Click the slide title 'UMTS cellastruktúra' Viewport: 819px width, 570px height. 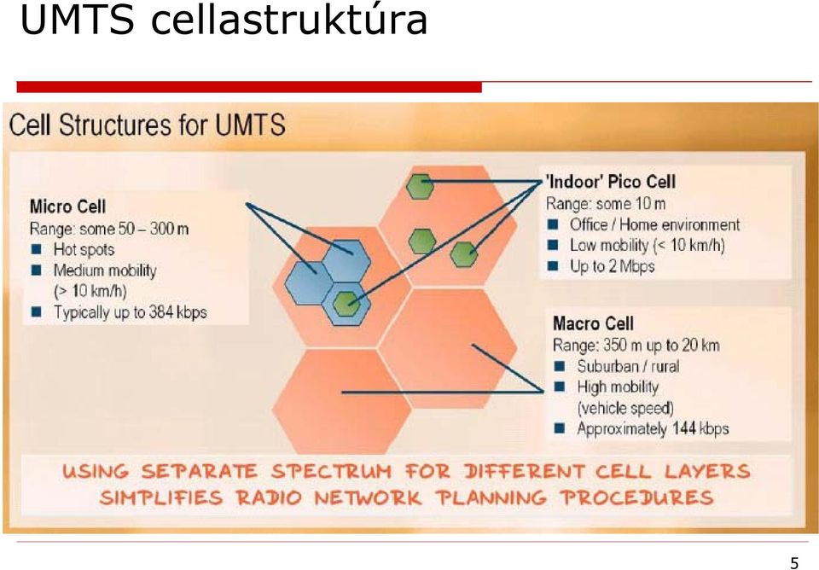pyautogui.click(x=224, y=20)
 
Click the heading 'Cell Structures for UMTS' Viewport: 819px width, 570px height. pyautogui.click(x=148, y=125)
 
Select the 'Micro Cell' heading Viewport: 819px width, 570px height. pyautogui.click(x=68, y=206)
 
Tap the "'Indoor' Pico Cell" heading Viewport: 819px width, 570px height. pyautogui.click(x=611, y=182)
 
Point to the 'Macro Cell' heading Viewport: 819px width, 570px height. pyautogui.click(x=594, y=323)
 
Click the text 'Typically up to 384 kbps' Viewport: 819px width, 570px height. pyautogui.click(x=131, y=312)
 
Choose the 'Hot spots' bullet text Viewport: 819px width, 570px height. pyautogui.click(x=84, y=250)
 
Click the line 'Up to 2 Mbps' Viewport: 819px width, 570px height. pyautogui.click(x=613, y=266)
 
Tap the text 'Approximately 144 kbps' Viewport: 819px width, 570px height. pyautogui.click(x=653, y=429)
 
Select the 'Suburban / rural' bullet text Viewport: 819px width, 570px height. pyautogui.click(x=629, y=366)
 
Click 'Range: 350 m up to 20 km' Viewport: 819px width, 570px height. pyautogui.click(x=636, y=346)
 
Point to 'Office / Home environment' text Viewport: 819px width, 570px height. pyautogui.click(x=655, y=224)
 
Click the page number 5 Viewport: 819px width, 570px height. pyautogui.click(x=794, y=562)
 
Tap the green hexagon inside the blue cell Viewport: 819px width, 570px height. pyautogui.click(x=346, y=303)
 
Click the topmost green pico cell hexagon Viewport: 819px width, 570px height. pyautogui.click(x=421, y=187)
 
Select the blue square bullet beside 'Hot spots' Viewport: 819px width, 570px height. pyautogui.click(x=36, y=249)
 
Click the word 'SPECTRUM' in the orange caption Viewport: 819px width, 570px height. pyautogui.click(x=331, y=472)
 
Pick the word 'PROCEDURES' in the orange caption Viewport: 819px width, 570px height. pyautogui.click(x=637, y=497)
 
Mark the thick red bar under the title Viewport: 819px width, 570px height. pyautogui.click(x=249, y=87)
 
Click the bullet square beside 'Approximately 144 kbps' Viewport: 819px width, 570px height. pyautogui.click(x=560, y=428)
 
